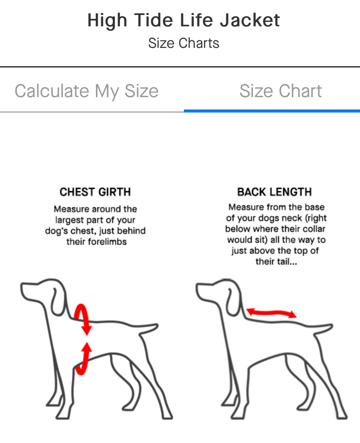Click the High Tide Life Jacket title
click(184, 21)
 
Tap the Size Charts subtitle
click(184, 43)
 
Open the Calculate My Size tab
click(86, 91)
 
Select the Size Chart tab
click(281, 91)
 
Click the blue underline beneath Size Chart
click(272, 111)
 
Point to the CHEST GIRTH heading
click(95, 192)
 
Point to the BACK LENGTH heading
click(275, 192)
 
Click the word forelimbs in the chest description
click(107, 242)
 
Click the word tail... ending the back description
click(286, 261)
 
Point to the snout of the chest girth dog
click(28, 291)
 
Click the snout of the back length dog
click(203, 291)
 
